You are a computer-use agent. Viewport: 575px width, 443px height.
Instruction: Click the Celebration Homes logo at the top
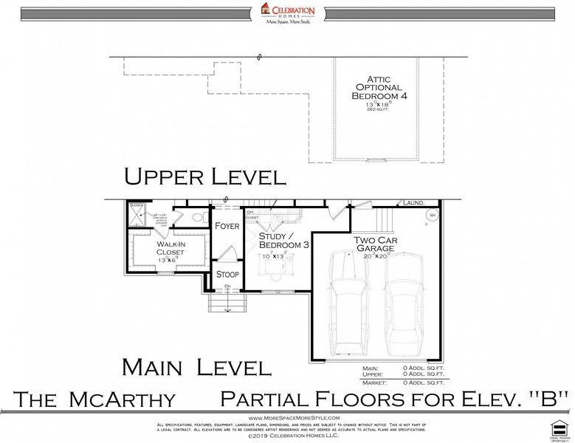(x=288, y=13)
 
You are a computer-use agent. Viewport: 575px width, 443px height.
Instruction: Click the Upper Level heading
(x=204, y=177)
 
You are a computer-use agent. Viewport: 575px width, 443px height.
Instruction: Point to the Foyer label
(x=227, y=226)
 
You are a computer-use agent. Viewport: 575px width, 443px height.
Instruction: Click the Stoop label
(x=227, y=275)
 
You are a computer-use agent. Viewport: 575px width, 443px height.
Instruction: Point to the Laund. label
(x=413, y=202)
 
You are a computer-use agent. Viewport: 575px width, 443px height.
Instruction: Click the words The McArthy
(x=96, y=400)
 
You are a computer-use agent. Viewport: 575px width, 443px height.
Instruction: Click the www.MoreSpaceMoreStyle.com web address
(x=289, y=418)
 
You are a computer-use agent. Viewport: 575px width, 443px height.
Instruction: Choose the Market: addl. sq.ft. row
(x=404, y=382)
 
